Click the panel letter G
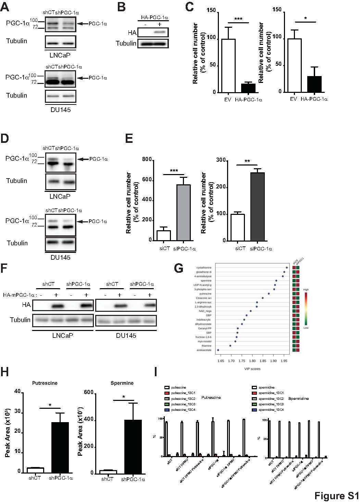(x=178, y=268)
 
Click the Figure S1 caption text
(x=336, y=496)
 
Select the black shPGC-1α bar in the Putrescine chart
(x=60, y=447)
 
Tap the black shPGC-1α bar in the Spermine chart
(x=133, y=446)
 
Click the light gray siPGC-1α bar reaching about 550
(x=184, y=212)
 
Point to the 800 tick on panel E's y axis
(x=147, y=160)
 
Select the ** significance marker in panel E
(x=247, y=161)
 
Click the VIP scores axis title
(x=252, y=369)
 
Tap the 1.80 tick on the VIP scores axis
(x=252, y=361)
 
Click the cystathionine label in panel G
(x=204, y=268)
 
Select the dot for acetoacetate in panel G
(x=218, y=350)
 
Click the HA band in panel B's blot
(x=159, y=33)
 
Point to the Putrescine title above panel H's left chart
(x=45, y=383)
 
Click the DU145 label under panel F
(x=126, y=336)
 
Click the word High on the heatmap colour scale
(x=306, y=290)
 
